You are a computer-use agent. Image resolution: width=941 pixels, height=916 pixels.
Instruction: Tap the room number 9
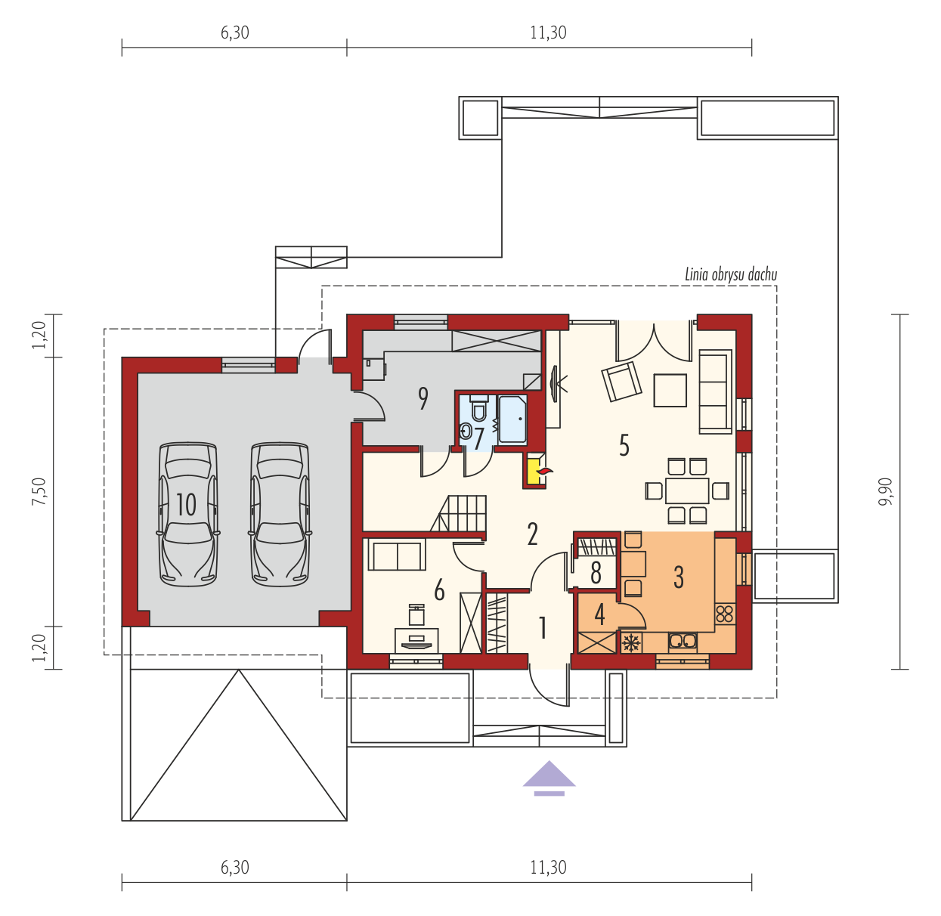[x=423, y=399]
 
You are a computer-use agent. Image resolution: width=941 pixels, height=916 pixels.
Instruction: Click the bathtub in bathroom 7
[x=512, y=419]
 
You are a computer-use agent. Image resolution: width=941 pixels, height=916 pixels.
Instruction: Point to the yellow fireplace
[x=534, y=471]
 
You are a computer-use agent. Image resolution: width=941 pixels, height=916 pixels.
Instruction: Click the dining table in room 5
[x=687, y=490]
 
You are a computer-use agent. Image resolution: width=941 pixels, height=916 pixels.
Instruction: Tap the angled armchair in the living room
[x=621, y=382]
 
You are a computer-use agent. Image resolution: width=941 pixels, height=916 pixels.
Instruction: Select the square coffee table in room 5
[x=670, y=390]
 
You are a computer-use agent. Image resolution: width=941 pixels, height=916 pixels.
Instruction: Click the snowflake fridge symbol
[x=631, y=642]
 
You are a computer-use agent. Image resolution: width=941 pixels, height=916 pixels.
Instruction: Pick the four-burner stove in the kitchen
[x=725, y=614]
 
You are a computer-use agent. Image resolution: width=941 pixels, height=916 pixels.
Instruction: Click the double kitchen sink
[x=683, y=642]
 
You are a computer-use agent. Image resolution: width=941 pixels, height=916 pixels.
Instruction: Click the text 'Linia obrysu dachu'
[x=731, y=274]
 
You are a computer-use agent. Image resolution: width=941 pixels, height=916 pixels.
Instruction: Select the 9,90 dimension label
[x=885, y=492]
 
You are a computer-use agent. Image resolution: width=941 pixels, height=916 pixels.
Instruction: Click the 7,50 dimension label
[x=39, y=492]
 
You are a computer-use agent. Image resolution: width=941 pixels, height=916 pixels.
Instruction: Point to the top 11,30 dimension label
[x=549, y=32]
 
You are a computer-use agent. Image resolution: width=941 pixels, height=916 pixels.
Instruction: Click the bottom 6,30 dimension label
[x=234, y=868]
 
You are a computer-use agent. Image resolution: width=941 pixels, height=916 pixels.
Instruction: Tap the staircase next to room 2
[x=459, y=514]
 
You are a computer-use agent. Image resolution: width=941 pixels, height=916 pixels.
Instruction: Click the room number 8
[x=596, y=573]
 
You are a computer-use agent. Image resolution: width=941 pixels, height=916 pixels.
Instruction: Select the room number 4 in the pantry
[x=599, y=614]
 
